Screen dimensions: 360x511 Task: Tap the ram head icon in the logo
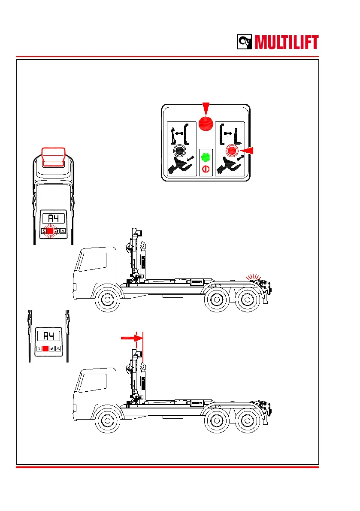246,42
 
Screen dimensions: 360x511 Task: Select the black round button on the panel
179,151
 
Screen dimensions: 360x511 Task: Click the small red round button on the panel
232,151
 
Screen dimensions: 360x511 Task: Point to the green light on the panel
206,157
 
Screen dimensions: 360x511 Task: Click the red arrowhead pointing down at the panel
206,108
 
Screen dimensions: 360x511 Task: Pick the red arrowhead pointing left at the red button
247,151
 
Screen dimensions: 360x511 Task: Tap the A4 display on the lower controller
48,336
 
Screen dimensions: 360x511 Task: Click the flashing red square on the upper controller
50,231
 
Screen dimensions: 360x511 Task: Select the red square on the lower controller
45,349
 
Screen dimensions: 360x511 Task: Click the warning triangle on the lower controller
58,349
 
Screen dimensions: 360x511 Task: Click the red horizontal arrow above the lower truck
131,338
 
